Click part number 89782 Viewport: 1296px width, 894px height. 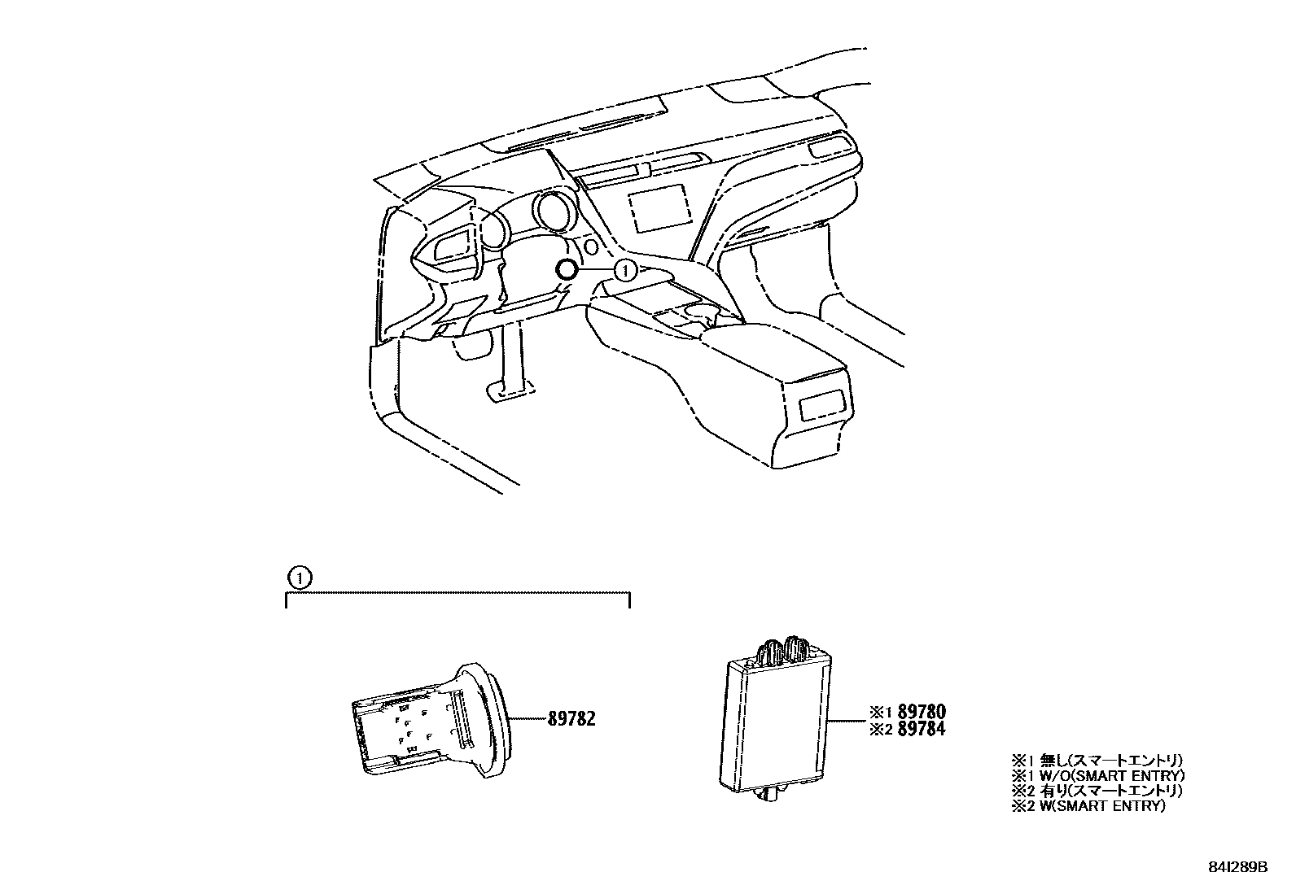[x=571, y=718]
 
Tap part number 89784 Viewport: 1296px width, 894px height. [x=920, y=730]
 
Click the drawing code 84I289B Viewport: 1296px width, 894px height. [x=1237, y=868]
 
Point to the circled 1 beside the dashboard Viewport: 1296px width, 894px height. [x=624, y=268]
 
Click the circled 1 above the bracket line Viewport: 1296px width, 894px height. [x=300, y=578]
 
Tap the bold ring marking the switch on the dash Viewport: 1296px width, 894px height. [x=566, y=269]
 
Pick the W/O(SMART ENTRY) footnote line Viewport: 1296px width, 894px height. [x=1097, y=775]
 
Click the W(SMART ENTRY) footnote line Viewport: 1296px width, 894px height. [x=1088, y=806]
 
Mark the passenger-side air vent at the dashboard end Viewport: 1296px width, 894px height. [x=829, y=148]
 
